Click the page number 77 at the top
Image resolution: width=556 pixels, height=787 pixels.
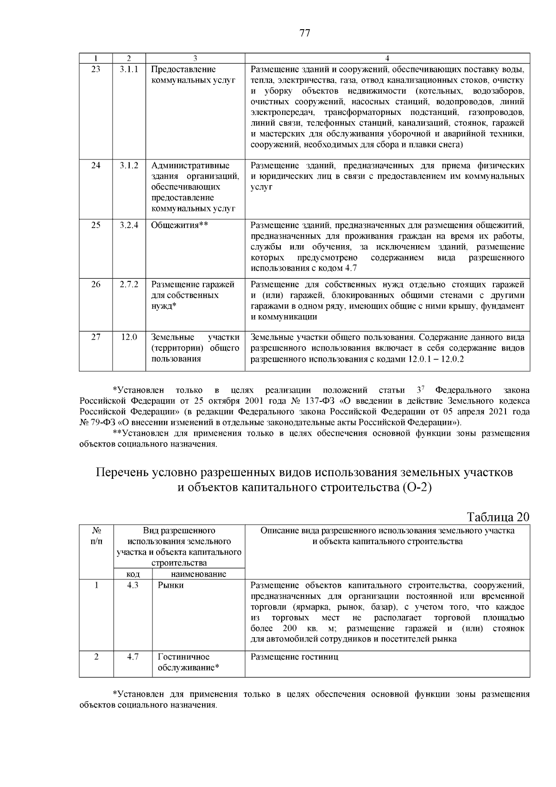(304, 33)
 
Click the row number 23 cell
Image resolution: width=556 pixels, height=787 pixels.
(95, 70)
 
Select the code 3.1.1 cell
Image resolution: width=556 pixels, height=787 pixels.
(129, 70)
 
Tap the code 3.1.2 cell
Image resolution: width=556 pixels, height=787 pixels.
(129, 165)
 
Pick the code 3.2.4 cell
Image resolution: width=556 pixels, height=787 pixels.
(129, 226)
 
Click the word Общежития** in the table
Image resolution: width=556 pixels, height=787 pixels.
(179, 226)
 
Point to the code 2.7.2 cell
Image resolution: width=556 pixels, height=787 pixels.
(129, 285)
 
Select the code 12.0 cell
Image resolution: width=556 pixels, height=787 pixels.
(129, 337)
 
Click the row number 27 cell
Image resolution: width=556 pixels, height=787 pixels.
(95, 337)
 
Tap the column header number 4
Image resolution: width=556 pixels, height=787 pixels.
(387, 58)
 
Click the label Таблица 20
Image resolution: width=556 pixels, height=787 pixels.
(498, 517)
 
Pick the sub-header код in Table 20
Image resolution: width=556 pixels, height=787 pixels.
(133, 574)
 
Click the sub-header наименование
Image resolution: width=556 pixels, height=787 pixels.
(198, 574)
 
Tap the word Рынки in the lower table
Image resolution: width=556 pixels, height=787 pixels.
(171, 585)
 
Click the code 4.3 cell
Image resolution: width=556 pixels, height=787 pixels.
(133, 585)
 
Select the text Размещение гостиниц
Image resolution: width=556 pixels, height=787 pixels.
(294, 657)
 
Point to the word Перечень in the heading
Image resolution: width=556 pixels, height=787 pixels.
(122, 473)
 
